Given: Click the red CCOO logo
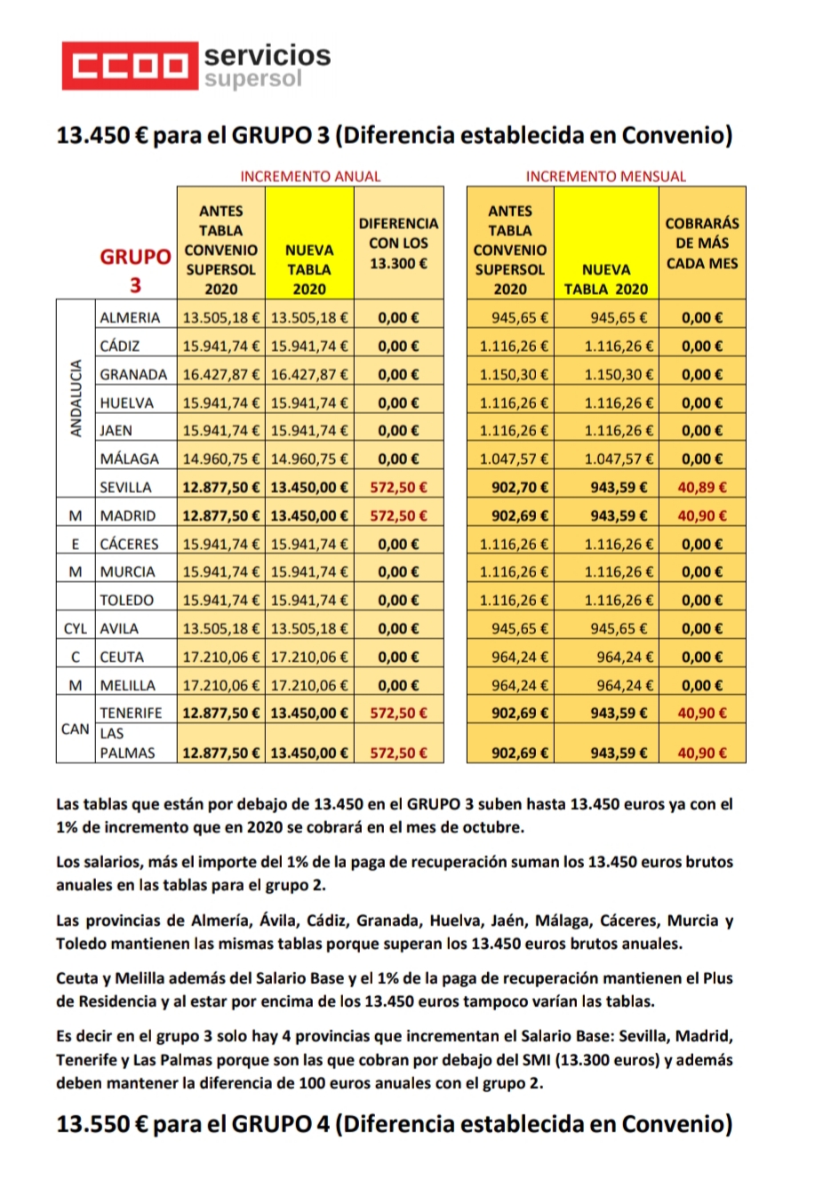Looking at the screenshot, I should click(x=130, y=66).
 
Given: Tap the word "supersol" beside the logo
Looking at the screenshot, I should click(x=253, y=79).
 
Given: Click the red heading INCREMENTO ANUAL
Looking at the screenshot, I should click(x=310, y=176).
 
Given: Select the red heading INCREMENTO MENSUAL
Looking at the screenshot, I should click(x=605, y=176).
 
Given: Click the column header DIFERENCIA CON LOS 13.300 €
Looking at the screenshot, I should click(x=398, y=243).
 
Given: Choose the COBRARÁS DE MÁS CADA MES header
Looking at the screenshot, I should click(x=702, y=243).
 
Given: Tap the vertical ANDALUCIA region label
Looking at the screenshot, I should click(x=76, y=398).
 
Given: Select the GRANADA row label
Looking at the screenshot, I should click(x=133, y=374).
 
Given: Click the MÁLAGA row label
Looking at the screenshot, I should click(x=130, y=458).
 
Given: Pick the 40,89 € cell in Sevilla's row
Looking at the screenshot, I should click(x=702, y=487).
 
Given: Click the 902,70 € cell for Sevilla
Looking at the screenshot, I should click(x=520, y=487).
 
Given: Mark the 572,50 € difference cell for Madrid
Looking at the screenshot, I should click(x=398, y=515).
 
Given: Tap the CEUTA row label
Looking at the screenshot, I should click(x=122, y=657).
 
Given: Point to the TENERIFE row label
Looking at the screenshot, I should click(x=131, y=713).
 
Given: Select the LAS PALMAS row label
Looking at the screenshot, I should click(x=126, y=743).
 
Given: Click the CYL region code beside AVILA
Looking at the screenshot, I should click(x=76, y=628).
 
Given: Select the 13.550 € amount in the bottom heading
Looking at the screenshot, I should click(x=101, y=1124).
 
